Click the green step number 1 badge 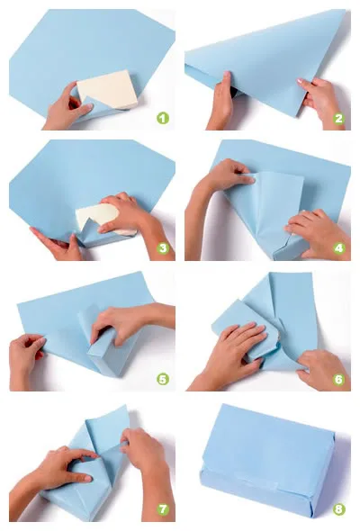pyautogui.click(x=163, y=118)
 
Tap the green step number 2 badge pyautogui.click(x=338, y=118)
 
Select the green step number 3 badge pyautogui.click(x=163, y=248)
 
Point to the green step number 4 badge pyautogui.click(x=338, y=248)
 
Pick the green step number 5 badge pyautogui.click(x=163, y=379)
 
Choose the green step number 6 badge pyautogui.click(x=338, y=379)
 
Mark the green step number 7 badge pyautogui.click(x=163, y=508)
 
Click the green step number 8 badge pyautogui.click(x=338, y=508)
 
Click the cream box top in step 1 pyautogui.click(x=108, y=90)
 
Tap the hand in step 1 pyautogui.click(x=66, y=107)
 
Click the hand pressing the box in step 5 pyautogui.click(x=129, y=321)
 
